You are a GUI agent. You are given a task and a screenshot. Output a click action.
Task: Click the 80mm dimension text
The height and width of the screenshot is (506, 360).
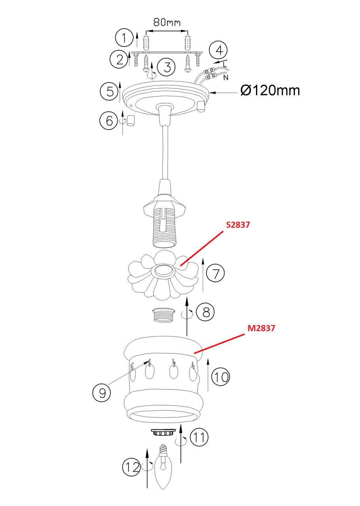tap(167, 23)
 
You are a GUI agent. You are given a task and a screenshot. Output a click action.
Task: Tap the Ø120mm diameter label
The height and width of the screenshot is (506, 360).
tap(270, 91)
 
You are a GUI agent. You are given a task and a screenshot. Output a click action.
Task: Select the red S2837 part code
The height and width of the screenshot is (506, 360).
tap(238, 225)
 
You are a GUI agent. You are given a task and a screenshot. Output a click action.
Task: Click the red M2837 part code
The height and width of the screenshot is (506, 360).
tap(261, 328)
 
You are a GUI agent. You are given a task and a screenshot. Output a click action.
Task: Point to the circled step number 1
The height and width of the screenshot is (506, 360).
tap(124, 38)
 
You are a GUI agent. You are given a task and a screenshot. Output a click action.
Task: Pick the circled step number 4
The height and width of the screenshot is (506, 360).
tap(219, 50)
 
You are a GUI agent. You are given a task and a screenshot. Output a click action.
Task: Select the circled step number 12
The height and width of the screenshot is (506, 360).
tap(132, 467)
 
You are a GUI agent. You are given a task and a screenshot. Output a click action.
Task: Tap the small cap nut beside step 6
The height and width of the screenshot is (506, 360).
tap(130, 121)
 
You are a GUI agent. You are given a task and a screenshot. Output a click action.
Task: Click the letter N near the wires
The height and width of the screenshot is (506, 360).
tap(226, 78)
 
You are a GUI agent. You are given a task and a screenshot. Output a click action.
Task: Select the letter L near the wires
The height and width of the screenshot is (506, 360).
tap(225, 64)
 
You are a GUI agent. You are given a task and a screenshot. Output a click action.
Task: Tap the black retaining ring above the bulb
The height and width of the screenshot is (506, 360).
tap(163, 432)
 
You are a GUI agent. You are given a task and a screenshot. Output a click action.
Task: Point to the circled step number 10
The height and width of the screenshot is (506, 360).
tap(221, 377)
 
